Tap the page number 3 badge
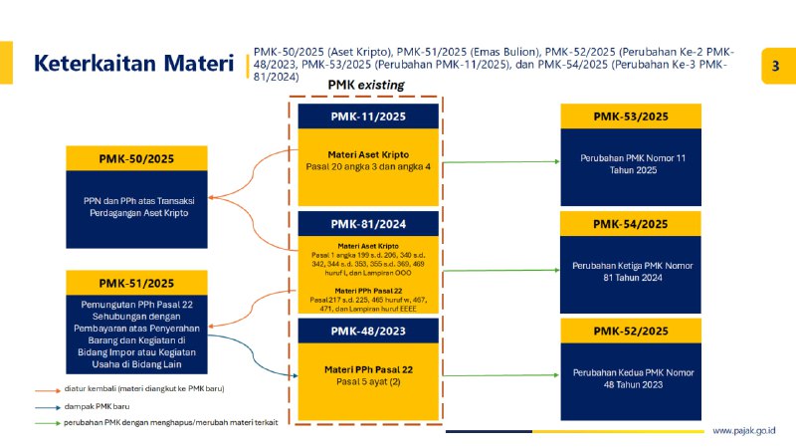tap(775, 66)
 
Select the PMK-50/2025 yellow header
tap(135, 158)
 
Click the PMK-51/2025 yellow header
tap(135, 282)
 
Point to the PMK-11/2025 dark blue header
tap(368, 115)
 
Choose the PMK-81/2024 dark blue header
tap(368, 224)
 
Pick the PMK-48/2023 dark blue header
tap(368, 331)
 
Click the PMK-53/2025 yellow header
tap(631, 116)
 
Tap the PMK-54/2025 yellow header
tap(631, 224)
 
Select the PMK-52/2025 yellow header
tap(631, 331)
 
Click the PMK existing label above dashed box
tap(366, 86)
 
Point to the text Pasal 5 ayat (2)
tap(368, 381)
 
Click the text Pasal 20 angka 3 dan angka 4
tap(368, 166)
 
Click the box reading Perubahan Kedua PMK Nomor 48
tap(631, 378)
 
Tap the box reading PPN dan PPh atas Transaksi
tap(135, 206)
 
